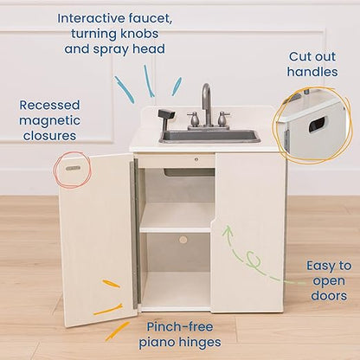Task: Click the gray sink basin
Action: [x=209, y=136]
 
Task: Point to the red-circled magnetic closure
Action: [x=73, y=164]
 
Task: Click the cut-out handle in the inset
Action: [x=317, y=124]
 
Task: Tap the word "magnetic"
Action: [x=51, y=119]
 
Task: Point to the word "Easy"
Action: [x=318, y=267]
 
